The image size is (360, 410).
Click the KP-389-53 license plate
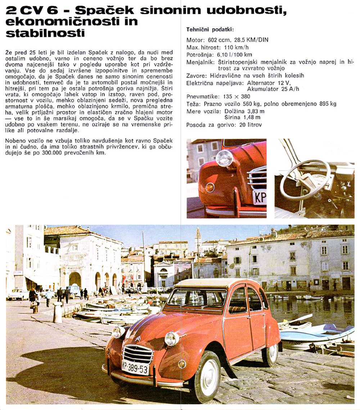135,367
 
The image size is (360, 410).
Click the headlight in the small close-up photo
224,158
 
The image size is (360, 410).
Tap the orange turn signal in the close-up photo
210,187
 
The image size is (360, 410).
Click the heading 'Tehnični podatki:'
210,30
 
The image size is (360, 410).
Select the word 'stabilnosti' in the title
45,33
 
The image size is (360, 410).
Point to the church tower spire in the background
198,234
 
